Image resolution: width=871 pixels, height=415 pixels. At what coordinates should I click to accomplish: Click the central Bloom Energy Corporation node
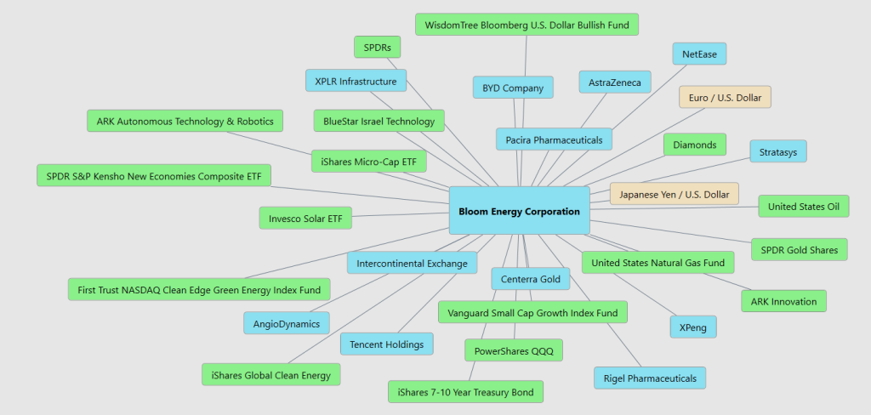click(520, 211)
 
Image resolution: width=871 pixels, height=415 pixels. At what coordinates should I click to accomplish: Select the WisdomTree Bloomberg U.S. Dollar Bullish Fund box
click(527, 25)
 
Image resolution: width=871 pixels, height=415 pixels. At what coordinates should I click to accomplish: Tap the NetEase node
click(699, 54)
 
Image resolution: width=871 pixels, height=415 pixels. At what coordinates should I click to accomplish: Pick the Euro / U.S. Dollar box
click(725, 97)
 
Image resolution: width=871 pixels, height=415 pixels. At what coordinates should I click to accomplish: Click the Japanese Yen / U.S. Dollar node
click(675, 194)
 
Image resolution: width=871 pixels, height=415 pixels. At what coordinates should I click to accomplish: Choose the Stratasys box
click(778, 151)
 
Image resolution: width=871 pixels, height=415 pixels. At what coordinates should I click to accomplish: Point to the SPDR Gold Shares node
click(800, 249)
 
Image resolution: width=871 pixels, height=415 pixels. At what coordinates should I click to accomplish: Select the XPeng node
click(693, 327)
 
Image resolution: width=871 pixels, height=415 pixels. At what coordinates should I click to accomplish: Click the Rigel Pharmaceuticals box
click(650, 378)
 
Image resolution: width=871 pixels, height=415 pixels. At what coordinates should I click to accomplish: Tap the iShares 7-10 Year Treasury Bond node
click(465, 392)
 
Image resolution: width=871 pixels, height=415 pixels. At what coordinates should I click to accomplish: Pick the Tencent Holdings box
click(387, 344)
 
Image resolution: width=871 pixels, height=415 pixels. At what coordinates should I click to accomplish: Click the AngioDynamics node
click(287, 323)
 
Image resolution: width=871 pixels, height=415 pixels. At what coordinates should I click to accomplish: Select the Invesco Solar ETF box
click(305, 218)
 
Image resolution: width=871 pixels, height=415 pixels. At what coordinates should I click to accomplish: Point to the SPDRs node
click(377, 48)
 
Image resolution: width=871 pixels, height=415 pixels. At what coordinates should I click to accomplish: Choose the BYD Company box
click(513, 88)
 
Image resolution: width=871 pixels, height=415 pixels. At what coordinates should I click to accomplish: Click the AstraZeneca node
click(615, 82)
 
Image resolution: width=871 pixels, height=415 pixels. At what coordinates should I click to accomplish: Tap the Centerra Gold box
click(531, 279)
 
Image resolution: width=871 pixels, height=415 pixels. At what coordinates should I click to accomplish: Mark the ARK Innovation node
click(783, 301)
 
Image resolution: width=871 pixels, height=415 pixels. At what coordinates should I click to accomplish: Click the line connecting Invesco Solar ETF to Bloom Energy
click(401, 214)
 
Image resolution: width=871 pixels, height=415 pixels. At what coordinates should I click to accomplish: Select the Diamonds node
click(695, 145)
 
